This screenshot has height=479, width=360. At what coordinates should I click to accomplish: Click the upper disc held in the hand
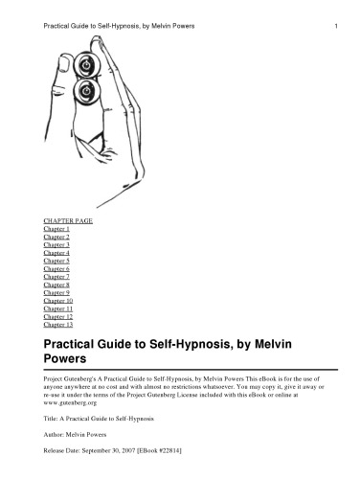(x=89, y=68)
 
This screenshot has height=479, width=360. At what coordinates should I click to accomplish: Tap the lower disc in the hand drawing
(x=89, y=94)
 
